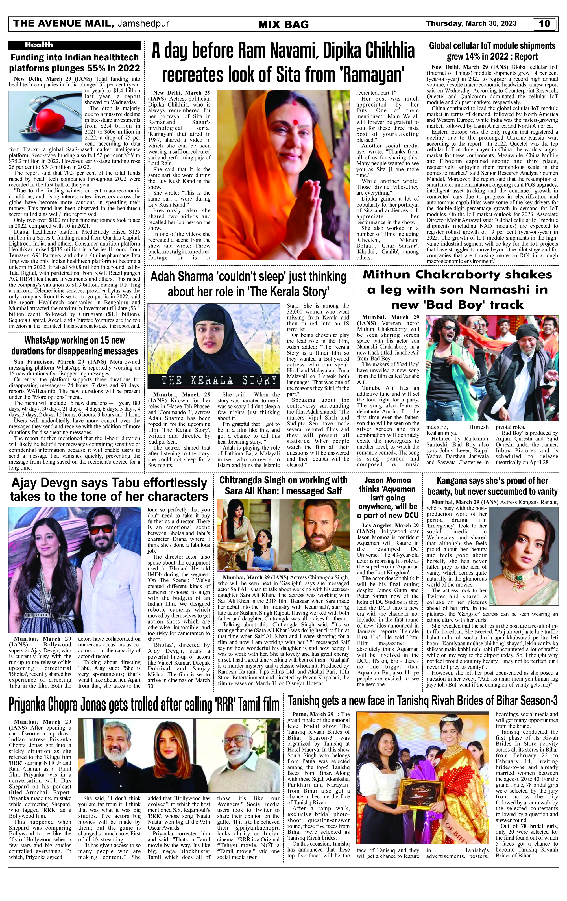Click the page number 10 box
pyautogui.click(x=545, y=24)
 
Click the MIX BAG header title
pyautogui.click(x=283, y=25)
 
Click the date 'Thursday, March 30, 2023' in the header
pyautogui.click(x=471, y=23)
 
